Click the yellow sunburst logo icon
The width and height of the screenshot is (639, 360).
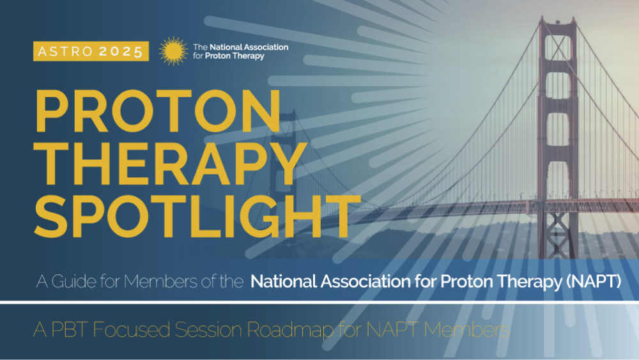pos(173,51)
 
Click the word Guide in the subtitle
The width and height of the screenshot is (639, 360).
pos(74,281)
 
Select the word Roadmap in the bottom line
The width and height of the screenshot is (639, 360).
pos(289,330)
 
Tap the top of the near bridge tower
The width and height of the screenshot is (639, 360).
pos(557,20)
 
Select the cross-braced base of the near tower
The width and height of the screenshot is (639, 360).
pos(557,235)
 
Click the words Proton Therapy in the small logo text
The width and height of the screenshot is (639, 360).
pos(235,56)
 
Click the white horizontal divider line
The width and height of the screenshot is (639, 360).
pos(319,302)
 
